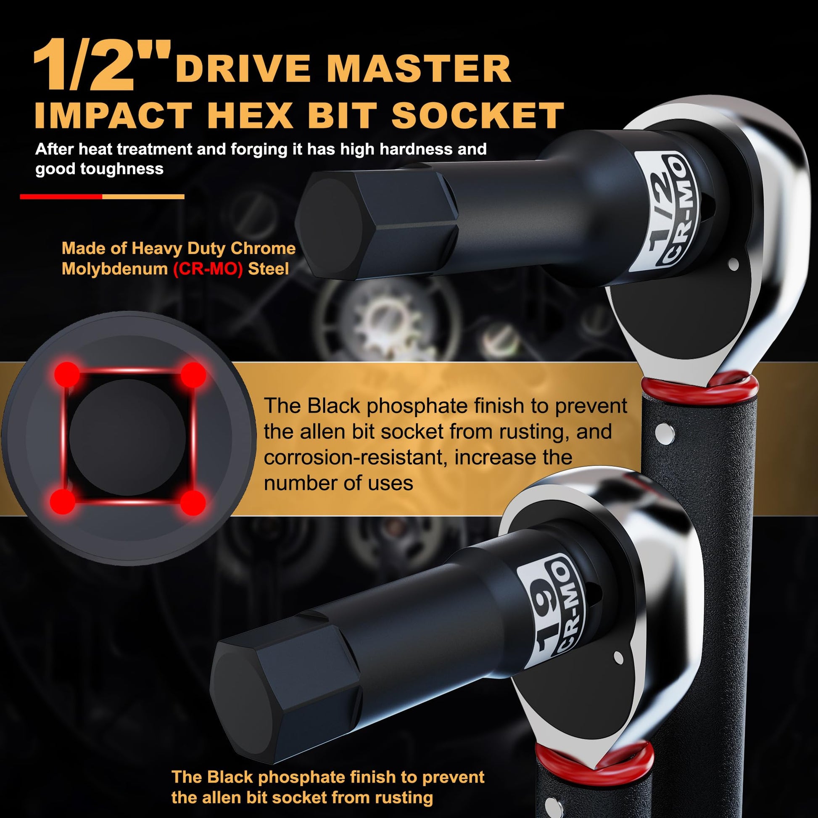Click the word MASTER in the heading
tap(419, 69)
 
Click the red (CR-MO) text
tap(208, 269)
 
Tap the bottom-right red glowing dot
tap(193, 503)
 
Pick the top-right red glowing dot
tap(193, 375)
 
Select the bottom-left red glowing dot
tap(63, 501)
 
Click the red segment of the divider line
tap(61, 196)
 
